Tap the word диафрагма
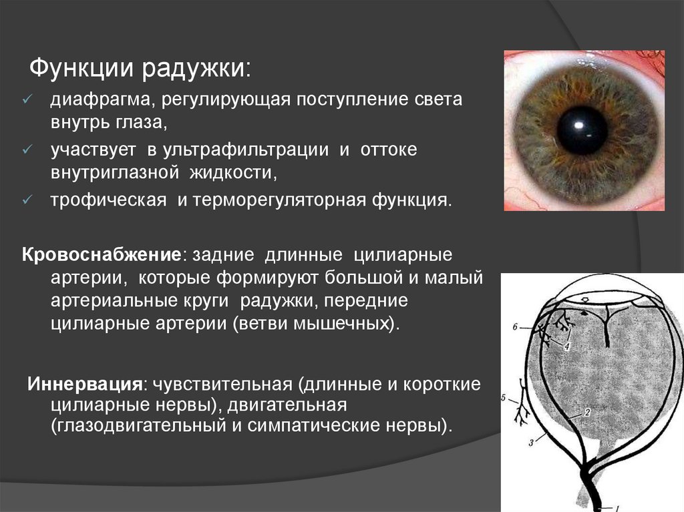[100, 100]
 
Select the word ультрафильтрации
[246, 150]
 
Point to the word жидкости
[231, 173]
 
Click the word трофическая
[109, 201]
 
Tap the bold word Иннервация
[85, 385]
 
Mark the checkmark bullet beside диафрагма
[27, 99]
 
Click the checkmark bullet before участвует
[27, 150]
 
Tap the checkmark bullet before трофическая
[27, 200]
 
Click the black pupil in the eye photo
[582, 131]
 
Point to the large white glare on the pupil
[579, 125]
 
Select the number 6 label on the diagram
[515, 326]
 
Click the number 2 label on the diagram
[587, 412]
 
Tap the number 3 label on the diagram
[531, 443]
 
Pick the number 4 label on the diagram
[566, 346]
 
